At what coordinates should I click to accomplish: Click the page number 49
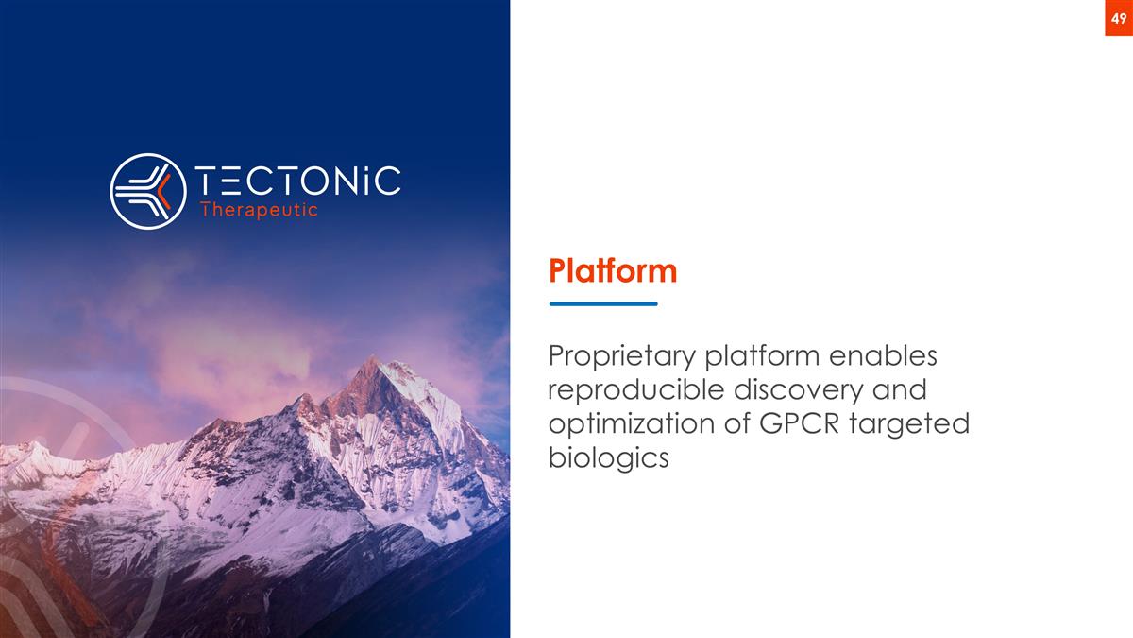1118,18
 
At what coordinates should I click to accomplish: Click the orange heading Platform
613,272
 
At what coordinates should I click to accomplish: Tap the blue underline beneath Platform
603,303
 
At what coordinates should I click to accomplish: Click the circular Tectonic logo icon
147,191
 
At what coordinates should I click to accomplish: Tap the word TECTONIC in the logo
297,181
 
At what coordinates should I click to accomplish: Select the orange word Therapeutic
260,211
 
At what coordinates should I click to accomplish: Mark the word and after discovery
901,390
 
